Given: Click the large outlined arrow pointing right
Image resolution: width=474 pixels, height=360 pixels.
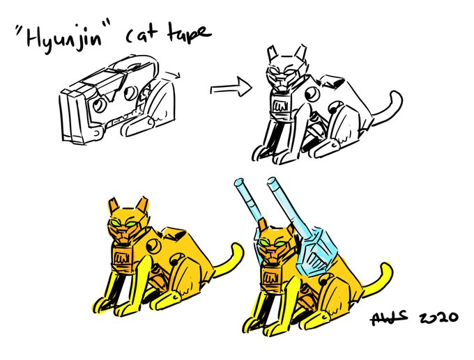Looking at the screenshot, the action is pos(231,88).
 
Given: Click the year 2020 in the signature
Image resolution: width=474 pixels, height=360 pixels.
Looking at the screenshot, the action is pos(438,318).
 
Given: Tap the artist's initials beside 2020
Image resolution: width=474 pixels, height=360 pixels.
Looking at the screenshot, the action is pos(388,318).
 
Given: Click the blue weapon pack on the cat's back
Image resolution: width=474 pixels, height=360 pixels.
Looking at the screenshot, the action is pos(315,251).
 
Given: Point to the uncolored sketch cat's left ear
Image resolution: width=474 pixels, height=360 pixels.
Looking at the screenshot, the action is pos(272,53).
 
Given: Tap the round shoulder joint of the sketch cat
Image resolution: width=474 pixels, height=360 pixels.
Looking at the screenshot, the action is pos(312,94).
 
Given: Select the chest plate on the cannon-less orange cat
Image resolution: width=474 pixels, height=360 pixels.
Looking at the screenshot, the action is pos(122,258).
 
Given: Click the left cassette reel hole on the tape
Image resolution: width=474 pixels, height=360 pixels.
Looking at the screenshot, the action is pos(99,105).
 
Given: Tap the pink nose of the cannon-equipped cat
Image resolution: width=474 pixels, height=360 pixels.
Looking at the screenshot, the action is pos(271,251).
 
